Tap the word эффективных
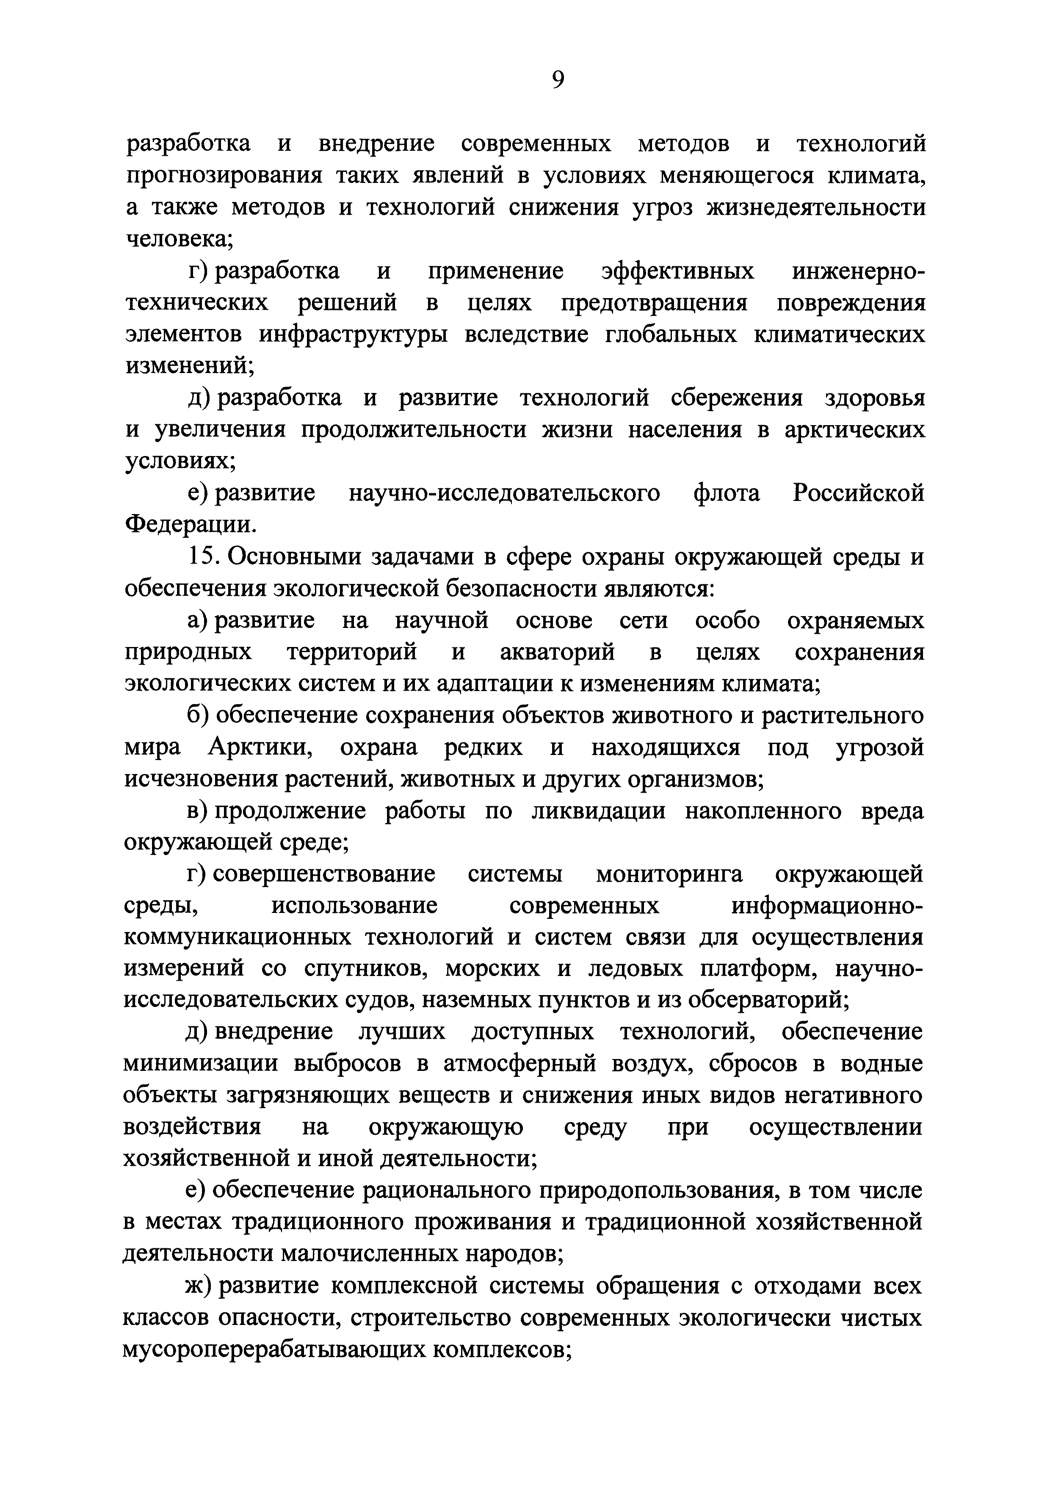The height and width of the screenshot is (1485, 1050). pyautogui.click(x=677, y=271)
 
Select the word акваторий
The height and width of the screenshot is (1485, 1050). pyautogui.click(x=557, y=653)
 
